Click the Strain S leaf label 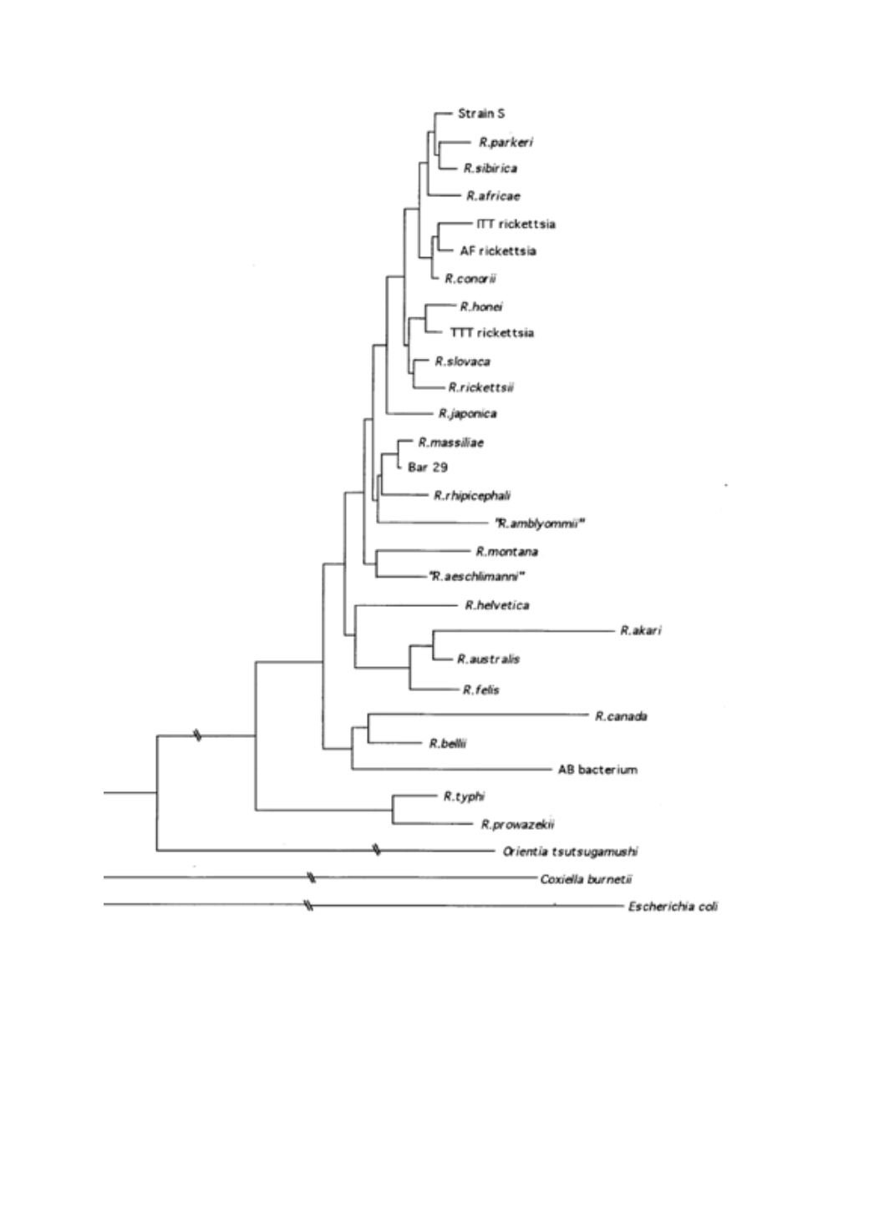coord(481,114)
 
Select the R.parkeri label coord(506,142)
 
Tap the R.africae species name coord(493,195)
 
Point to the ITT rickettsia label coord(516,224)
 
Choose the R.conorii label coord(470,279)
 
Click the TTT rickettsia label coord(492,333)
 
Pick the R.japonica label coord(467,413)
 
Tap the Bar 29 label coord(428,467)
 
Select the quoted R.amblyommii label coord(539,523)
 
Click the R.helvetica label coord(497,605)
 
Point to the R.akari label coord(641,630)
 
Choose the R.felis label coord(481,690)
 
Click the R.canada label coord(621,716)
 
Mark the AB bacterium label coord(597,770)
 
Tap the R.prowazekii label coord(517,824)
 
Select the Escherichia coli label coord(673,907)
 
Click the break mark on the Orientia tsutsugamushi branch coord(376,850)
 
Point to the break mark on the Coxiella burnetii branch coord(311,877)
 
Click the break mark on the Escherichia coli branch coord(309,905)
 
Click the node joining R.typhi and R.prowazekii coord(393,810)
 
